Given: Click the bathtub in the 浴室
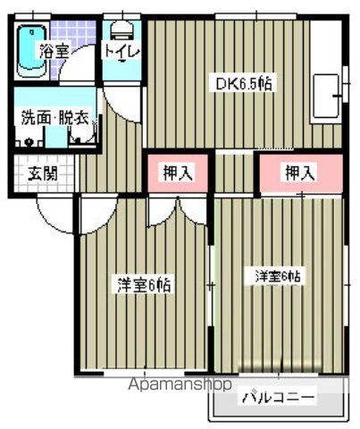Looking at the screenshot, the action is [32, 51].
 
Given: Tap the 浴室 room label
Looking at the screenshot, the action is [54, 51].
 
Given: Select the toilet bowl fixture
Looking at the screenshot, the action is [121, 30].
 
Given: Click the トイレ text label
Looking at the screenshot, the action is [121, 51].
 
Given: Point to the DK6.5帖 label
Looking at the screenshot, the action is [244, 84].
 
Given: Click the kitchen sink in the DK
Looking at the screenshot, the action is [326, 97].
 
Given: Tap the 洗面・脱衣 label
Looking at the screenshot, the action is [54, 118].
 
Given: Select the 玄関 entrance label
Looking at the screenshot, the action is [43, 173].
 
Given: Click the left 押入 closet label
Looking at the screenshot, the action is [178, 172].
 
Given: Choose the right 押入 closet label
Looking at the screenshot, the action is [300, 172].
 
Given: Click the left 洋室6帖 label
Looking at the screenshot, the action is [144, 285].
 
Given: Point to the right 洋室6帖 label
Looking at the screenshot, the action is [278, 276].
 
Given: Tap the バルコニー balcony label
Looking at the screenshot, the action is [278, 397].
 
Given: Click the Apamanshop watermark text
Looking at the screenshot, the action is [180, 384].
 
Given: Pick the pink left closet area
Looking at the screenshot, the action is [178, 173].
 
